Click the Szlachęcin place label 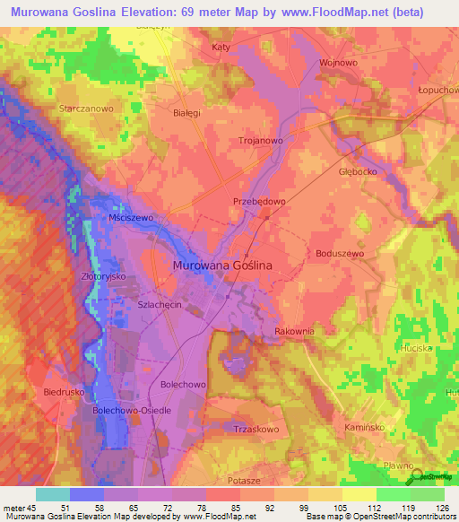160,305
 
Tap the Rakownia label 294,331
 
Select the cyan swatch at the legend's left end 53,494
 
